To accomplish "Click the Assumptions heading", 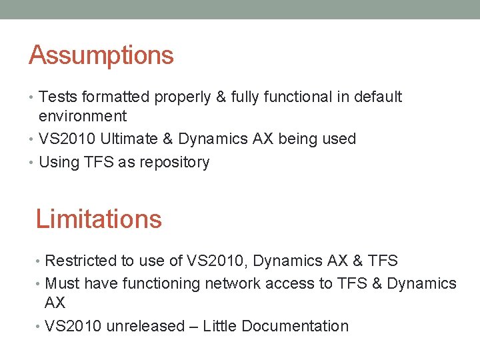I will [x=101, y=55].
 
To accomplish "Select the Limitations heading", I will [x=98, y=219].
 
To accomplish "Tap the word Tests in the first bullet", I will [x=55, y=97].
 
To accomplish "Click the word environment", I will [x=83, y=117].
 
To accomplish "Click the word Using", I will [x=58, y=163].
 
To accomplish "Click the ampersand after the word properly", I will [x=222, y=97].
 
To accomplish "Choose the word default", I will [x=378, y=97].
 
